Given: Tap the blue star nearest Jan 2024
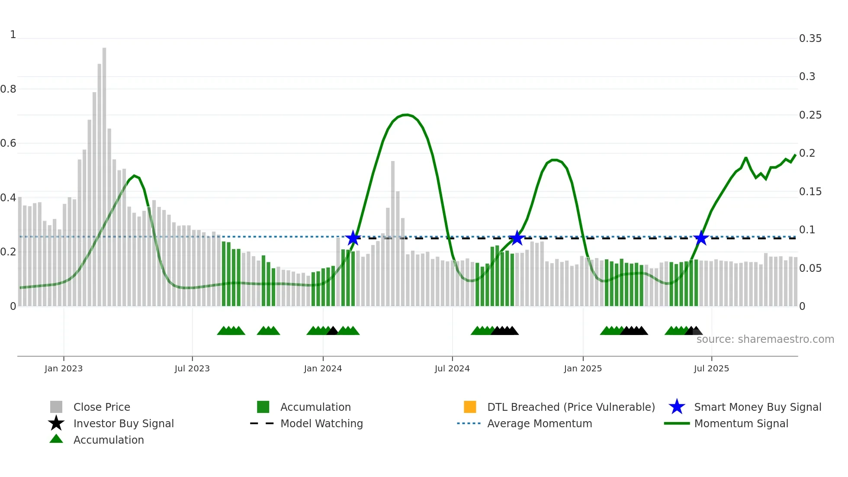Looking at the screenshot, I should (353, 238).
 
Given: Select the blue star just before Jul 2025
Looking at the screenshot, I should (701, 238).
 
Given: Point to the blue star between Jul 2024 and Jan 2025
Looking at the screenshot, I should (517, 238).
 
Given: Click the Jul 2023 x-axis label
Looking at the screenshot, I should (192, 368).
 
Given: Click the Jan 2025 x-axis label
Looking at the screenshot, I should (583, 368).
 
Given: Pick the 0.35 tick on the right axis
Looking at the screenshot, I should (810, 39).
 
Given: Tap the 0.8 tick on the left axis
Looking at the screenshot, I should (9, 89).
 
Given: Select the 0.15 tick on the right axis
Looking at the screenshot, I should (810, 192).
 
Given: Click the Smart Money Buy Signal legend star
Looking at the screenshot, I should (677, 407).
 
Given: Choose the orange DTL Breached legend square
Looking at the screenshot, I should (470, 407).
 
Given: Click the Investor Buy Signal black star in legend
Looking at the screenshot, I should (56, 423).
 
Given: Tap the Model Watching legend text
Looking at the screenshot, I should (321, 423).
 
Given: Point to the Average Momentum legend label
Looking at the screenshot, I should (540, 423).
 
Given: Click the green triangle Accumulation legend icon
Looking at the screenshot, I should (56, 439).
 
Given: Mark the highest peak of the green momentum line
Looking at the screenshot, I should (405, 115).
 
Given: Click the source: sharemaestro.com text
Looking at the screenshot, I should (765, 339).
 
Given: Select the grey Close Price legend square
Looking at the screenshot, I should (56, 407).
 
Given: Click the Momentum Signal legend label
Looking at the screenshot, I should (741, 423).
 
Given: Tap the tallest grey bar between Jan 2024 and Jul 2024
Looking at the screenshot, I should (393, 234).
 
